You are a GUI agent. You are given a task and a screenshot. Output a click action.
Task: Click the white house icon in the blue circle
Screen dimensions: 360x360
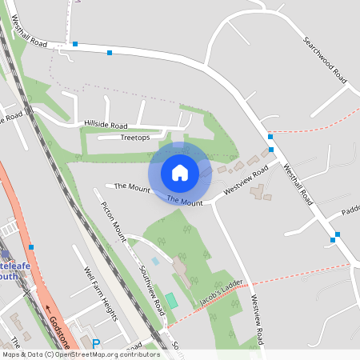point(180,172)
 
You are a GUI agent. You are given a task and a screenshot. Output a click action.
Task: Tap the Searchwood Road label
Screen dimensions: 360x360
point(324,61)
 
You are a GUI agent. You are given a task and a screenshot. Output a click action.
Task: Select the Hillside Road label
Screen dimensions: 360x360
point(106,126)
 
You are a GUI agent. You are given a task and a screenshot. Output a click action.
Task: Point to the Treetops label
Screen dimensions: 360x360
point(134,138)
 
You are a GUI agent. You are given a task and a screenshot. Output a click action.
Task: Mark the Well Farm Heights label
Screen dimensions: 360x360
point(101,294)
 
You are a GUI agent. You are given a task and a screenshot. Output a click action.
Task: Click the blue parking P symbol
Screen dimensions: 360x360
point(96,345)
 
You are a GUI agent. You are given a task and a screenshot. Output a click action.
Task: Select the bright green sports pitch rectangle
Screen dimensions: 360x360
point(171,301)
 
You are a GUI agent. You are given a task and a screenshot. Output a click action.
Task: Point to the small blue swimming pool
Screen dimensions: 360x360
point(155,261)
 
